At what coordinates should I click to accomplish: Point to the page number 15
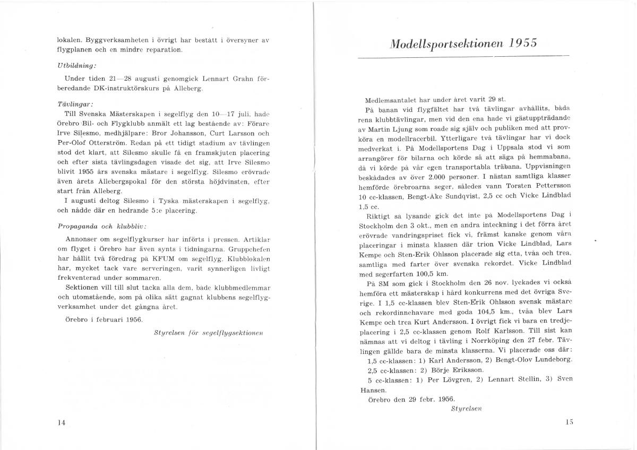[x=570, y=422]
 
